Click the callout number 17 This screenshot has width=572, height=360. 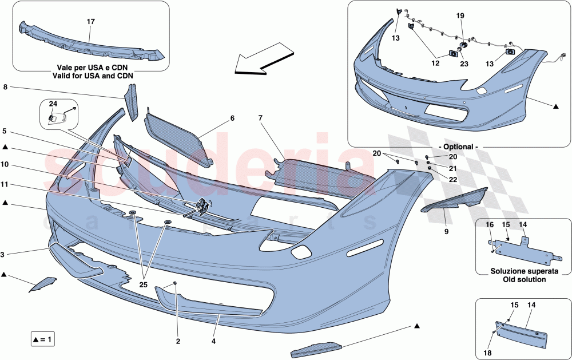point(90,22)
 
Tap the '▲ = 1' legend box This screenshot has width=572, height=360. point(43,340)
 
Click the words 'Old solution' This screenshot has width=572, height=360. point(518,280)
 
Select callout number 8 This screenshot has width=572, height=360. point(5,88)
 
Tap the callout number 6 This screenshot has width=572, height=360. point(232,118)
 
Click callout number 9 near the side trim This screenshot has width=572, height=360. point(446,232)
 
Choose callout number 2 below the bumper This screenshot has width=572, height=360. point(177,342)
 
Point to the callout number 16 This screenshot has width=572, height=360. point(490,226)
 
